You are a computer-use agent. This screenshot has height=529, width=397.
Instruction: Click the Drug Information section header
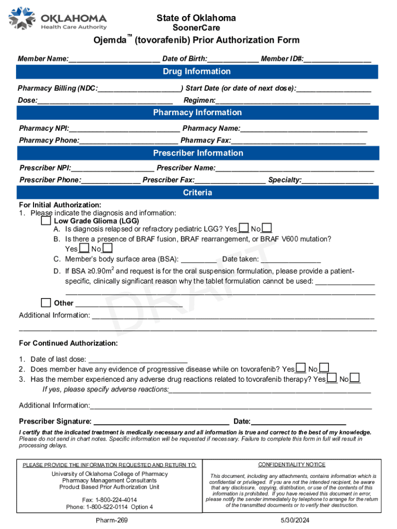click(x=198, y=71)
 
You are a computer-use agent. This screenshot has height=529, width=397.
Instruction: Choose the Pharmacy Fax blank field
click(x=299, y=141)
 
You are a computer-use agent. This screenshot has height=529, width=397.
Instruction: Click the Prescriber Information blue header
click(x=198, y=153)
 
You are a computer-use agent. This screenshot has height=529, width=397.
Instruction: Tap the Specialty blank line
click(x=337, y=181)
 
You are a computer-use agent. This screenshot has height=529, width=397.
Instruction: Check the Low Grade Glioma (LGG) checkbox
click(x=46, y=221)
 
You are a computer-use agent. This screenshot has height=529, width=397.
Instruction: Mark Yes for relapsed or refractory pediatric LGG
click(x=244, y=229)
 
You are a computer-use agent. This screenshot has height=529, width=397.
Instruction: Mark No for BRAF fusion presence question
click(x=107, y=249)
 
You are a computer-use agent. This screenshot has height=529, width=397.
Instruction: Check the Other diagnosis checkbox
click(x=46, y=303)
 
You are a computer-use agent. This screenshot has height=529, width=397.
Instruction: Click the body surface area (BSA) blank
click(x=199, y=260)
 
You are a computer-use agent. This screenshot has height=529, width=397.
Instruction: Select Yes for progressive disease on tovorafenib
click(x=301, y=369)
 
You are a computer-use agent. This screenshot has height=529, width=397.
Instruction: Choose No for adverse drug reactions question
click(x=355, y=379)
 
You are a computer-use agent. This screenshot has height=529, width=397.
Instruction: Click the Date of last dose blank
click(x=138, y=360)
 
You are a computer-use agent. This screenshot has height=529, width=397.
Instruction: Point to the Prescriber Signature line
click(x=161, y=422)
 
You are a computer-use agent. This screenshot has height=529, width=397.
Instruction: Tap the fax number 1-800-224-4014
click(x=109, y=500)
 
